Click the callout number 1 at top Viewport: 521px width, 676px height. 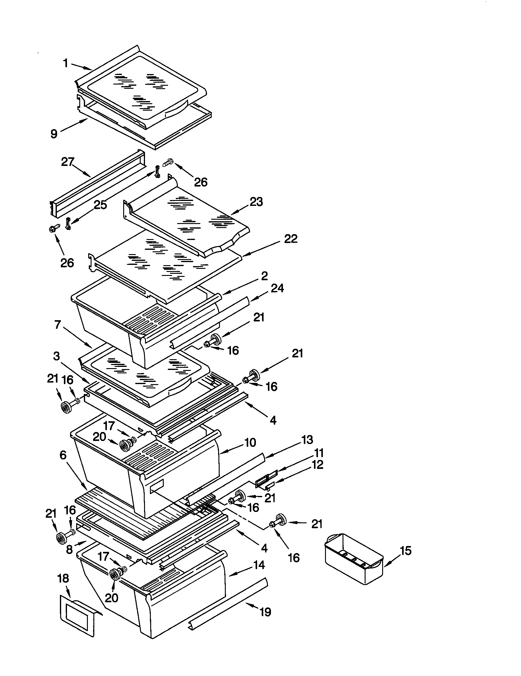pyautogui.click(x=66, y=64)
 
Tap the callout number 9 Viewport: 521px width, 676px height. pyautogui.click(x=54, y=134)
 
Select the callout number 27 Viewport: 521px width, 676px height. pyautogui.click(x=68, y=162)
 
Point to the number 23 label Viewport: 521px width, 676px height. pyautogui.click(x=256, y=202)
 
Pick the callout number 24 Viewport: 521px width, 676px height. pyautogui.click(x=277, y=288)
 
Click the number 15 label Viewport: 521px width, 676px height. pyautogui.click(x=405, y=551)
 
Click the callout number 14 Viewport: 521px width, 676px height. pyautogui.click(x=259, y=565)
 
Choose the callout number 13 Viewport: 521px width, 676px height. pyautogui.click(x=307, y=440)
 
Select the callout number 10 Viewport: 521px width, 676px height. pyautogui.click(x=250, y=442)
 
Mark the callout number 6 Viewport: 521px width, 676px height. pyautogui.click(x=63, y=455)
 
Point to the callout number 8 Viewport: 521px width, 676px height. pyautogui.click(x=69, y=549)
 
